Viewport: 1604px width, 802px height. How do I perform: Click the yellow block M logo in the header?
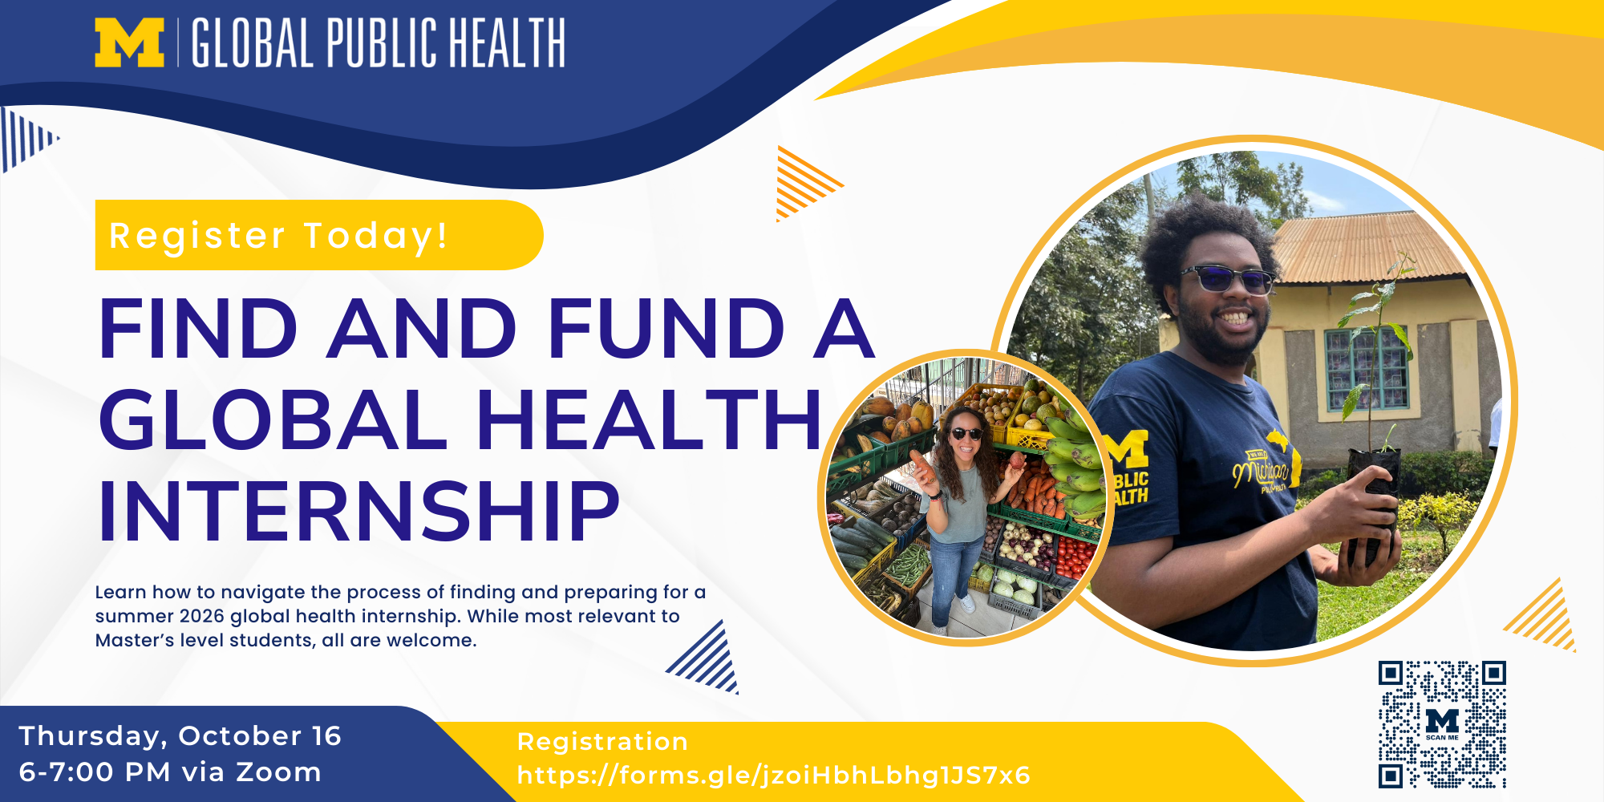coord(129,43)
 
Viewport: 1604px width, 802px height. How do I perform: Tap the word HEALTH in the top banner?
coord(507,43)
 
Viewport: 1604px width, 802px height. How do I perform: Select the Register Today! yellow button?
coord(318,235)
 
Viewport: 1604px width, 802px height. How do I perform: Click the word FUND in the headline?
coord(666,328)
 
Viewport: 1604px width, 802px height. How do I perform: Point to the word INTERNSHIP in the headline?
coord(358,512)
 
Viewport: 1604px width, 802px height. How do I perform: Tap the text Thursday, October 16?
coord(180,736)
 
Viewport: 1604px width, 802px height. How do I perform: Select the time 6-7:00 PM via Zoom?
coord(170,772)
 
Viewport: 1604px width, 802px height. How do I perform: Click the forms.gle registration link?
coord(774,776)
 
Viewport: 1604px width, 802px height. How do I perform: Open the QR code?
coord(1442,724)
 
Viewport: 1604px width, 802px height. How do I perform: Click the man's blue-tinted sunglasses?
coord(1226,279)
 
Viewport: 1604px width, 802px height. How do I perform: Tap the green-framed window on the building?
coord(1367,370)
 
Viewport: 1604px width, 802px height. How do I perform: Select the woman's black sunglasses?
coord(966,434)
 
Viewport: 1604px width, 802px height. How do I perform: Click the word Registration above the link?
coord(602,742)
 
